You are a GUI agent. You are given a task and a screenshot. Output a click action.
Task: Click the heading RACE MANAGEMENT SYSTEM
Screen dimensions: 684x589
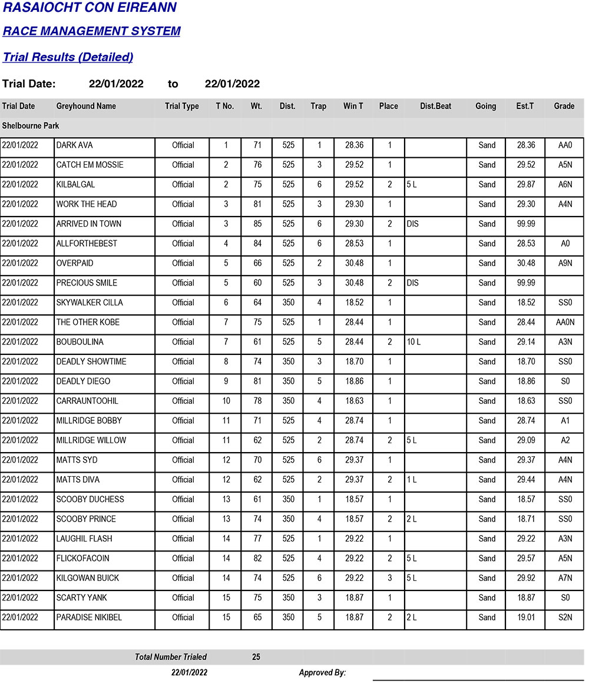pyautogui.click(x=91, y=31)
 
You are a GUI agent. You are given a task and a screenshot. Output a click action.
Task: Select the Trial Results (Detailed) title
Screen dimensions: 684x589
pyautogui.click(x=68, y=57)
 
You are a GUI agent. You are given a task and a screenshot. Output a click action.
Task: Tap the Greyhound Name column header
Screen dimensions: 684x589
pyautogui.click(x=86, y=107)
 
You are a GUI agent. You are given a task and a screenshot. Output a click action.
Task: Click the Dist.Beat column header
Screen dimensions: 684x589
pyautogui.click(x=435, y=107)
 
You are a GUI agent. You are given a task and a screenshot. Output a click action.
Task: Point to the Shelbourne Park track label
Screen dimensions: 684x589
pyautogui.click(x=31, y=126)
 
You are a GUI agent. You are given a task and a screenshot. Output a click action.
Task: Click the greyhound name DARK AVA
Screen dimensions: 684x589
pyautogui.click(x=74, y=145)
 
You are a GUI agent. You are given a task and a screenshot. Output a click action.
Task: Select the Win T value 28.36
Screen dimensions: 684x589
pyautogui.click(x=354, y=145)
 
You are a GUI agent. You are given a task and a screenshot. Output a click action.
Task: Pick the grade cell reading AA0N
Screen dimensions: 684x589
pyautogui.click(x=565, y=323)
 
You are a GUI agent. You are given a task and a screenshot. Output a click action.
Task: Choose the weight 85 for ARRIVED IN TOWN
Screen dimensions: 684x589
pyautogui.click(x=257, y=224)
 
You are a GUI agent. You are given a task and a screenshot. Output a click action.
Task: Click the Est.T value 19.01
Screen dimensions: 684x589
pyautogui.click(x=526, y=617)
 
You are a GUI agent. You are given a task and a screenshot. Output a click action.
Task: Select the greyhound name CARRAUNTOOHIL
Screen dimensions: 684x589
pyautogui.click(x=87, y=401)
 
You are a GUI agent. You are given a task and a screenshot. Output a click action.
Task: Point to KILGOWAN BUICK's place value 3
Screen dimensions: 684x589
pyautogui.click(x=389, y=578)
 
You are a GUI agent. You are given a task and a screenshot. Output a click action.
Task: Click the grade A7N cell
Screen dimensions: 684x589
pyautogui.click(x=565, y=578)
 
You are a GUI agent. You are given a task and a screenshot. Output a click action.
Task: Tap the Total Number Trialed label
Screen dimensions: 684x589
pyautogui.click(x=171, y=657)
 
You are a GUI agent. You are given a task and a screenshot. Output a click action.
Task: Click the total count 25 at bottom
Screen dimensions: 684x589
pyautogui.click(x=256, y=657)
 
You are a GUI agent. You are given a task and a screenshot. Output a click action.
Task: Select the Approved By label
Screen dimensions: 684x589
pyautogui.click(x=322, y=673)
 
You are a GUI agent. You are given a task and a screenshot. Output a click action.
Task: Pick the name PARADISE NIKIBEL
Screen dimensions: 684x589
pyautogui.click(x=88, y=617)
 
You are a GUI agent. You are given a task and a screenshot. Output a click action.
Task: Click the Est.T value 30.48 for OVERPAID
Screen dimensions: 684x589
pyautogui.click(x=526, y=263)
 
